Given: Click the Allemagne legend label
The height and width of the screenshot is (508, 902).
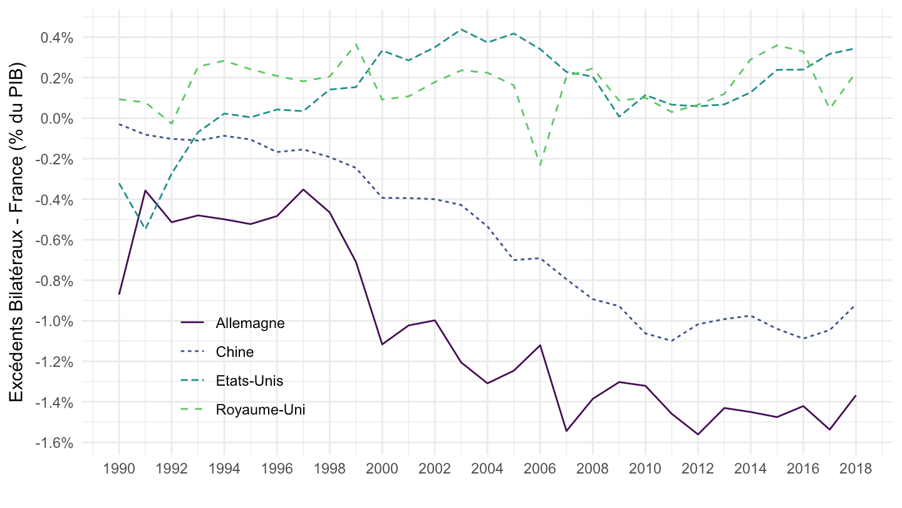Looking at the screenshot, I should (x=250, y=324).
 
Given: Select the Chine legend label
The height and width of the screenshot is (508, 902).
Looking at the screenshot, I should (x=234, y=352).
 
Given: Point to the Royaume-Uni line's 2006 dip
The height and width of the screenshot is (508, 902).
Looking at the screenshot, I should (x=540, y=166).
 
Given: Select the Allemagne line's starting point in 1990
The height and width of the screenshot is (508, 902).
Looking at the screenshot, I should (x=119, y=294).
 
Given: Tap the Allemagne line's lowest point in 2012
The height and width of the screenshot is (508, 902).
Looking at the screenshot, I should (x=698, y=435).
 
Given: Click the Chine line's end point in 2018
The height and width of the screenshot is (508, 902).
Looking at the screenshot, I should (x=856, y=306).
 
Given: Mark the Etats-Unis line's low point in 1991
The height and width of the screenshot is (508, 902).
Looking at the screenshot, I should (x=145, y=228).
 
